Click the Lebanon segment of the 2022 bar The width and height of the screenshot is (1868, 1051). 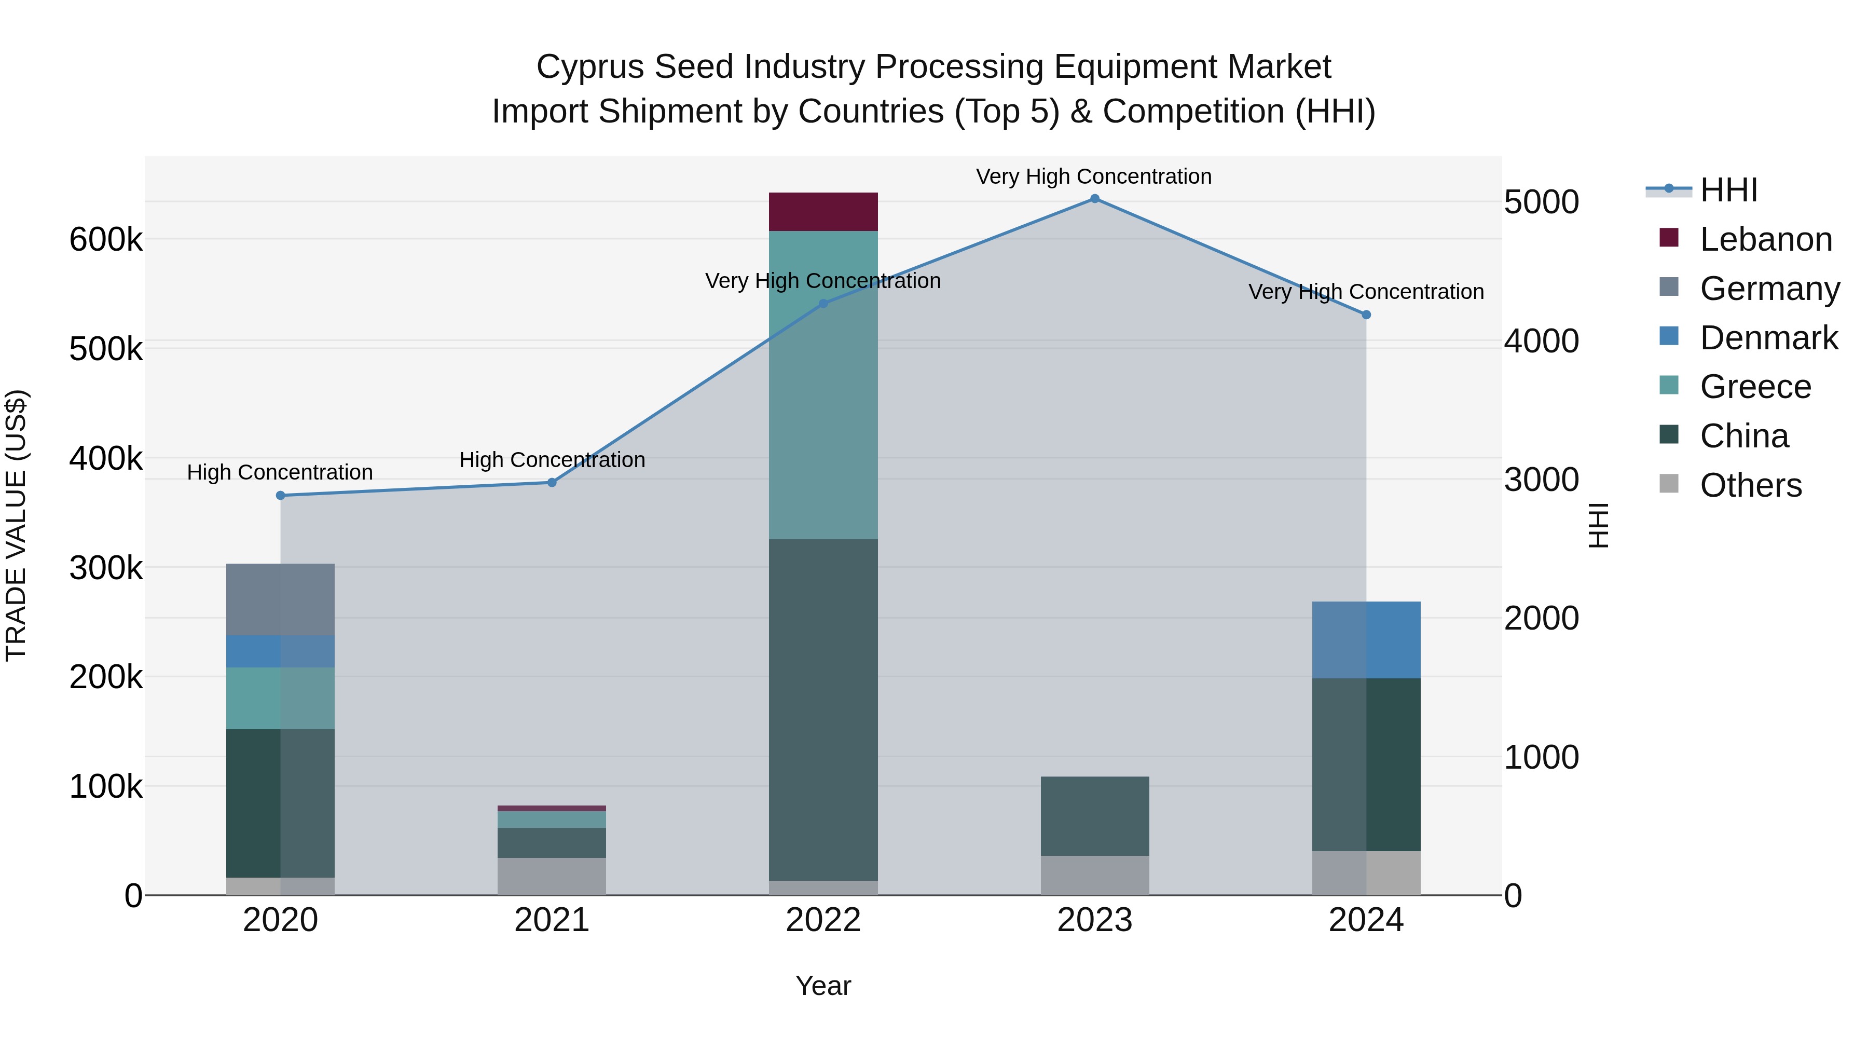click(823, 212)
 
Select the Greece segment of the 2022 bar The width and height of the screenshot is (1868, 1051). click(823, 385)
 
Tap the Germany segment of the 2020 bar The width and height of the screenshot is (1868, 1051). click(281, 599)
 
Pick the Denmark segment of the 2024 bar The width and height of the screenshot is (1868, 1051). click(1366, 640)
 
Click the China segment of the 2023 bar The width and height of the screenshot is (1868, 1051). click(1094, 816)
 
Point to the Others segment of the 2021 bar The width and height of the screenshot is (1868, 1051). click(552, 876)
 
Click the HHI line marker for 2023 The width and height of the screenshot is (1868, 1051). click(1095, 199)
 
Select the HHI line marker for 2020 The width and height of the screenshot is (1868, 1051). click(281, 496)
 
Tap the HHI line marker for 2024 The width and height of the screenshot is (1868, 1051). click(1366, 315)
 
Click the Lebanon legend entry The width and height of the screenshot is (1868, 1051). click(1765, 239)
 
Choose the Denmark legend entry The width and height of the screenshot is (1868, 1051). click(1768, 338)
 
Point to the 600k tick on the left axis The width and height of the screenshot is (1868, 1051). click(106, 239)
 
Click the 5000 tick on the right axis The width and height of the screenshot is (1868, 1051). click(1541, 202)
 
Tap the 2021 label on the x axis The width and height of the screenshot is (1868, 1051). click(552, 920)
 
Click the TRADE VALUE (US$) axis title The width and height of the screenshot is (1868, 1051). click(16, 525)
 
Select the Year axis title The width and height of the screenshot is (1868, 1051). click(823, 986)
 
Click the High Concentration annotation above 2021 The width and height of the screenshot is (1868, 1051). click(552, 460)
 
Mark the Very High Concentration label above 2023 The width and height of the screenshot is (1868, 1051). click(1093, 176)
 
